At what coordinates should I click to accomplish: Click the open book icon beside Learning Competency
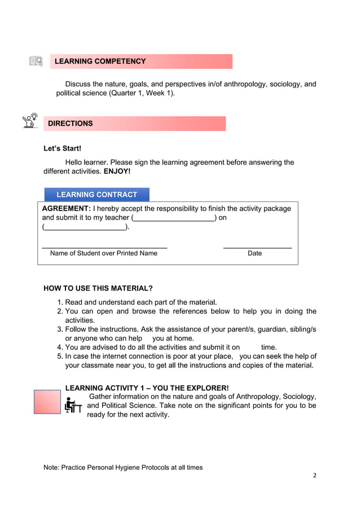(x=36, y=61)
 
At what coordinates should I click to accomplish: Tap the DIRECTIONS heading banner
(x=71, y=123)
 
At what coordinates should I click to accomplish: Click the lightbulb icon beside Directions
(x=29, y=121)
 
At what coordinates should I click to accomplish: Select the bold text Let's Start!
(x=62, y=148)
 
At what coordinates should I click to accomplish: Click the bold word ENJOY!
(x=117, y=171)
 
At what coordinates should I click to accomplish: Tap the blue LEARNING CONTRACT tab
(x=96, y=195)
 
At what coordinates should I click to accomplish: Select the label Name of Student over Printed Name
(x=103, y=253)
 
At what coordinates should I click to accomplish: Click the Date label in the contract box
(x=254, y=253)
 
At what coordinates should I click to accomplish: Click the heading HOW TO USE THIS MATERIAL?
(x=98, y=288)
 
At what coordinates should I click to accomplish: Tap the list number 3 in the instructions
(x=60, y=329)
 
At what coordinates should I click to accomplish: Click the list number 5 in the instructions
(x=60, y=356)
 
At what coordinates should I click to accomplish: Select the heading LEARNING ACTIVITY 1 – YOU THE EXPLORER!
(x=147, y=388)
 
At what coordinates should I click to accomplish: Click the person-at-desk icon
(x=73, y=405)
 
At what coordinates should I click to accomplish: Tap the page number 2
(x=315, y=475)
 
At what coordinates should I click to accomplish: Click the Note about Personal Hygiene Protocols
(x=123, y=467)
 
